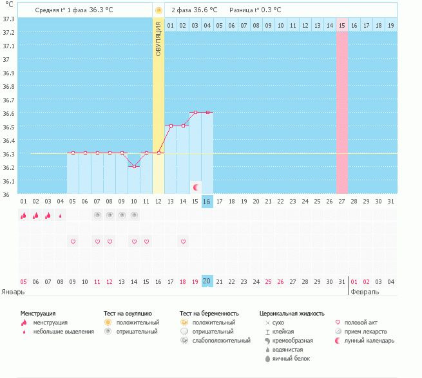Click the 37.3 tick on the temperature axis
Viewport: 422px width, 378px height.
(8, 19)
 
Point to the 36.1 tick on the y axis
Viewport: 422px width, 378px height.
(8, 182)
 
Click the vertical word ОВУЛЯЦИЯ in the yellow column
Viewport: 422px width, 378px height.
(158, 39)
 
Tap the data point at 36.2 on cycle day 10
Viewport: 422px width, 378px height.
(134, 167)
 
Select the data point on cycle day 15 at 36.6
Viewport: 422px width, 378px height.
(196, 113)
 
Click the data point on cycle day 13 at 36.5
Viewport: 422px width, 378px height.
(171, 126)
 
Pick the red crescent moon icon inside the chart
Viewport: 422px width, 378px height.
(196, 187)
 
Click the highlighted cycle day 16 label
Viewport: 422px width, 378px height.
(207, 202)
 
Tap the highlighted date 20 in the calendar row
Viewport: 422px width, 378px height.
(207, 281)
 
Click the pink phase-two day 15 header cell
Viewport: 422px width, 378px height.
(342, 26)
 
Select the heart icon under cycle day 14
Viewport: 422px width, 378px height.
(183, 241)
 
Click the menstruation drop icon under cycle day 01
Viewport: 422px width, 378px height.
(24, 215)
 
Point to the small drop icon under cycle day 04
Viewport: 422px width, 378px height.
(61, 216)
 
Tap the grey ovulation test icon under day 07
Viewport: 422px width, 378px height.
(97, 215)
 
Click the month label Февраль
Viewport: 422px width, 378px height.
(365, 292)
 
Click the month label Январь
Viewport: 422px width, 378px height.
(13, 292)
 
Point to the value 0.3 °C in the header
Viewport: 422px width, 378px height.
(271, 10)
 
